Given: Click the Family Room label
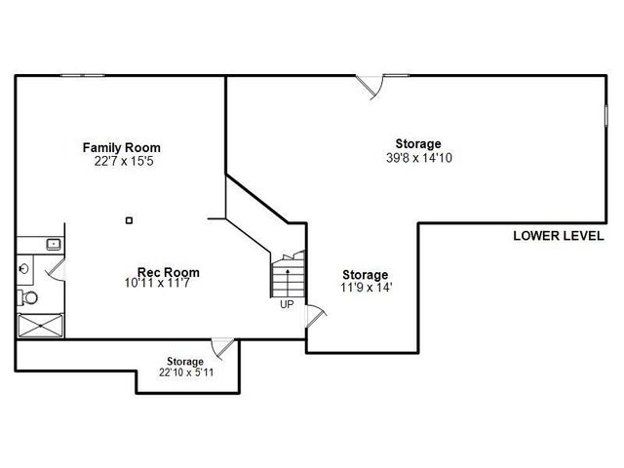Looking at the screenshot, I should (x=121, y=147).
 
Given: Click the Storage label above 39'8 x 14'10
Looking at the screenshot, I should (x=417, y=143).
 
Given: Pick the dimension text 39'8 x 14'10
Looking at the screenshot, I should (x=417, y=156).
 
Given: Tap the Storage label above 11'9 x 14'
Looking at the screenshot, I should (x=366, y=275).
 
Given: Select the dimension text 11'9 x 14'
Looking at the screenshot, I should (x=366, y=288).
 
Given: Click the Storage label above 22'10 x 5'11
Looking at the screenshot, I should (x=184, y=361).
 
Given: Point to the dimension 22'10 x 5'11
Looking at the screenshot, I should (x=184, y=372).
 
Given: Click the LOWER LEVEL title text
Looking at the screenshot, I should (x=559, y=237).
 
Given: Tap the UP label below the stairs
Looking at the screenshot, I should (x=287, y=304).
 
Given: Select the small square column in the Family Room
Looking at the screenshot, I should (x=129, y=220).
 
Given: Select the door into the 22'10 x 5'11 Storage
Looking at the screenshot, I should (x=223, y=347).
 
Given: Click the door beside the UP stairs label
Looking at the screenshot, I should (x=316, y=316).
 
